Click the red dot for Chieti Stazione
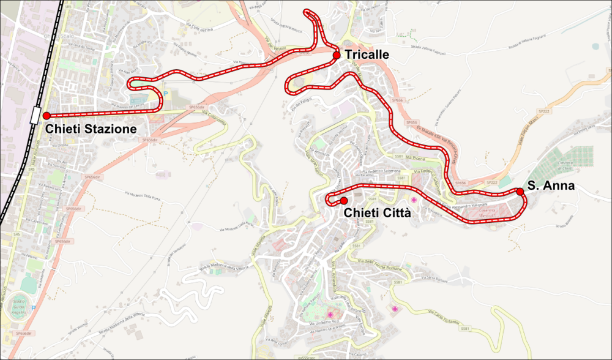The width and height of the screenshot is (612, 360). (46, 115)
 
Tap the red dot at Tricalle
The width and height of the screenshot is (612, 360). (336, 56)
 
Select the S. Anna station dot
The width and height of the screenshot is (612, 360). (520, 192)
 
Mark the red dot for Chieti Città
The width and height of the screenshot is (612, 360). (344, 201)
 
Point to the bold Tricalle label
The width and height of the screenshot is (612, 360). (367, 54)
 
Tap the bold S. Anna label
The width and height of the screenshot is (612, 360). (551, 186)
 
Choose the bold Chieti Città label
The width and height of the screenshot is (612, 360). (376, 213)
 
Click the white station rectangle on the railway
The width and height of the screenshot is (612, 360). (34, 114)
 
